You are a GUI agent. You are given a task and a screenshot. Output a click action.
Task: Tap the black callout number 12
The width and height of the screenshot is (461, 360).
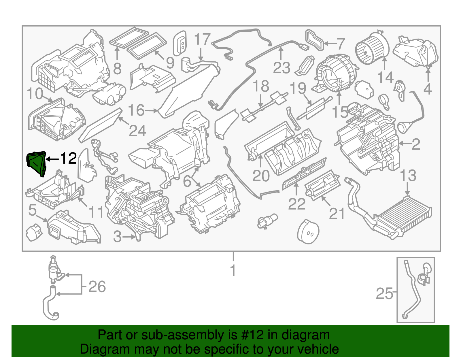click(68, 158)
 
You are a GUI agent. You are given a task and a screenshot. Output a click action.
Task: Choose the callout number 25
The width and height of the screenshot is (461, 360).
click(384, 294)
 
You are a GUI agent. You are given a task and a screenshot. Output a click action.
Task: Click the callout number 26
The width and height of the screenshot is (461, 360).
click(97, 287)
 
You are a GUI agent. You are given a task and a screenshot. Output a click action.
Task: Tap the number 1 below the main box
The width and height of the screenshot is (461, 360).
click(233, 271)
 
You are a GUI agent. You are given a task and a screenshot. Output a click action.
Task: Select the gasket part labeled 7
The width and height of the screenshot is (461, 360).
click(315, 40)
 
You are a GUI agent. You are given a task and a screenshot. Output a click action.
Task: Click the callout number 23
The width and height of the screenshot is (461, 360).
click(281, 68)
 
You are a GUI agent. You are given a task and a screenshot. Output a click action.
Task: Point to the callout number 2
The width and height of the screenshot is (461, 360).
click(416, 144)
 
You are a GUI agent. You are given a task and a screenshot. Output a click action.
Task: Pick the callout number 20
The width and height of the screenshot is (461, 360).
click(261, 176)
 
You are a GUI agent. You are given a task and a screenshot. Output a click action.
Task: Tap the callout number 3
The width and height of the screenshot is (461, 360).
click(117, 237)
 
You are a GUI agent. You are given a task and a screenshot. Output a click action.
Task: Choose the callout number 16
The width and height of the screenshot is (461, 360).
click(136, 110)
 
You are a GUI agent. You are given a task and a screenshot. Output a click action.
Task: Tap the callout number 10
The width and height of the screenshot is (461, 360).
click(35, 94)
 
